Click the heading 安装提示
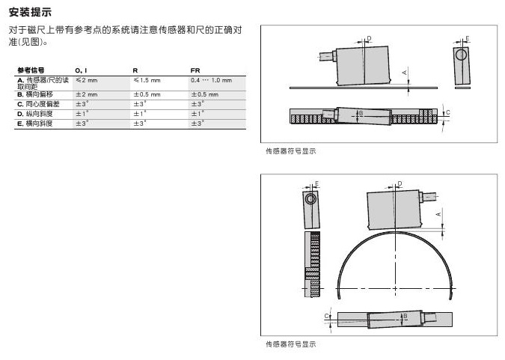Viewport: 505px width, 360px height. (31, 11)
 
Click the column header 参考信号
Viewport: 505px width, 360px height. (31, 70)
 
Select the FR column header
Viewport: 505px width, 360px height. (195, 70)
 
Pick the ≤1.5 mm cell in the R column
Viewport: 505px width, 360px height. (147, 80)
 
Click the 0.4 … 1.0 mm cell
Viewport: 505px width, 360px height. (211, 80)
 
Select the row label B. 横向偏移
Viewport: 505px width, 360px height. (34, 95)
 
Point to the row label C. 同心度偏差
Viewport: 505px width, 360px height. (37, 104)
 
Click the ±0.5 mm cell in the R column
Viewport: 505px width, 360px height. (147, 95)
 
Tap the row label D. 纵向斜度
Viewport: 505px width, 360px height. (34, 113)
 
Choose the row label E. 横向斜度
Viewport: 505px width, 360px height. (34, 123)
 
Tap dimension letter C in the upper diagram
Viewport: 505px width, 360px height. (447, 113)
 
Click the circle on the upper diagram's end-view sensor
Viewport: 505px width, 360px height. (462, 55)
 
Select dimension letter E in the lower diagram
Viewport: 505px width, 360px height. (316, 183)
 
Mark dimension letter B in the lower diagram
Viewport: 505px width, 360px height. (405, 317)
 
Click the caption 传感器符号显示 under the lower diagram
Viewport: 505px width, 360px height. (291, 345)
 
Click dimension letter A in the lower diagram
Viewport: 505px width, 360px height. (438, 214)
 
